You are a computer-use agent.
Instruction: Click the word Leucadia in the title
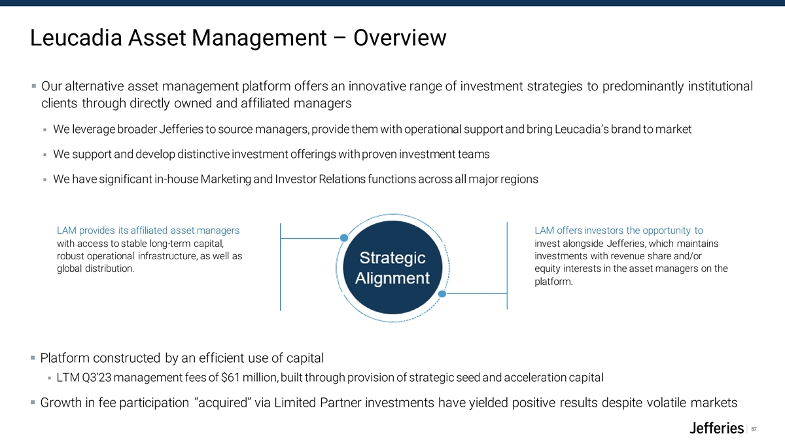[x=76, y=37]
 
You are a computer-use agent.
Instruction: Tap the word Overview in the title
[x=400, y=37]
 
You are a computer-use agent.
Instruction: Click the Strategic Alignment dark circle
[x=392, y=267]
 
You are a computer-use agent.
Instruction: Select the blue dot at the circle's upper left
[x=344, y=238]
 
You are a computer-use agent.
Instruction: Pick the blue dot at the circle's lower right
[x=442, y=293]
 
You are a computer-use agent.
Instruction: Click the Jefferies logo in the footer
[x=716, y=428]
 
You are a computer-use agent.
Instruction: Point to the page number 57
[x=754, y=429]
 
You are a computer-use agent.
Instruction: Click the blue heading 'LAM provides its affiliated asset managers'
[x=148, y=230]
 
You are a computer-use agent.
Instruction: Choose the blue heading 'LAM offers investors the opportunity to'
[x=619, y=230]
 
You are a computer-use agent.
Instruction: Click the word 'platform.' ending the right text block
[x=553, y=282]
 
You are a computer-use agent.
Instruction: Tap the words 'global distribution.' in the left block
[x=96, y=268]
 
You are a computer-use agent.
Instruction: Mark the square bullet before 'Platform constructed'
[x=33, y=358]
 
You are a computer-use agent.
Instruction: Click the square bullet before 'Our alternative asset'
[x=33, y=86]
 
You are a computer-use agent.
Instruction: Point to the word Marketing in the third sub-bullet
[x=226, y=179]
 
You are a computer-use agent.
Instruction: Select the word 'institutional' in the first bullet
[x=720, y=86]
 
